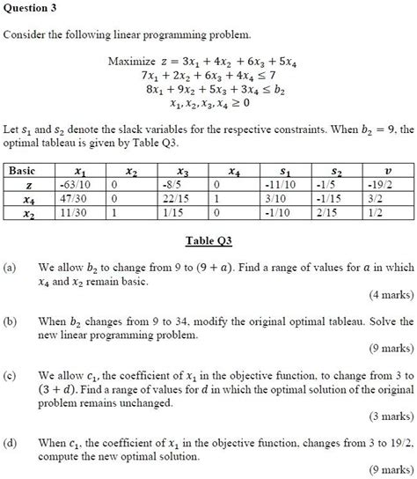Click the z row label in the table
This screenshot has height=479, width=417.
click(30, 187)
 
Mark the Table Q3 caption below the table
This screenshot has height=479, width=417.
click(208, 240)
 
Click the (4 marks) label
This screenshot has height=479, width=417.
click(391, 293)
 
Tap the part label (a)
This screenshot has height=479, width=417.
click(11, 265)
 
